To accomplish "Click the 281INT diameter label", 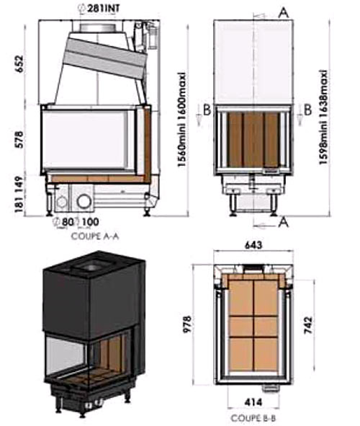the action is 99,8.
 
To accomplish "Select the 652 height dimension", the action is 20,64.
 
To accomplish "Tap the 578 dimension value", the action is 20,140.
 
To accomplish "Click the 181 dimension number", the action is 19,204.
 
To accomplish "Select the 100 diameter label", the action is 88,222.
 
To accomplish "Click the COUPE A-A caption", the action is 95,236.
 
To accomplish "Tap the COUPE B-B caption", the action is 253,418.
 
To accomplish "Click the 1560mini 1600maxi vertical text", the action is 181,120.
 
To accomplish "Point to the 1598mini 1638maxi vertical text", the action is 323,117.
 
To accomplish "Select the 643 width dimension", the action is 253,245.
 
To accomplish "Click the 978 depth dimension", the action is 187,324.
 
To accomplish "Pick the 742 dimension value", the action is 308,325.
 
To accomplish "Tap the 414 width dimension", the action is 253,401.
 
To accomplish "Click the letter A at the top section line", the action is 284,13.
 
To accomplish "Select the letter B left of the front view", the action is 207,110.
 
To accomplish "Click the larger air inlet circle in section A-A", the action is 84,202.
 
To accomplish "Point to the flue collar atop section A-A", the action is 99,27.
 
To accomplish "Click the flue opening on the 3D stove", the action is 91,267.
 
